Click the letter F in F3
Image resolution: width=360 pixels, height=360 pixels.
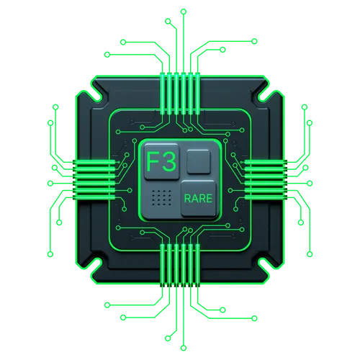coord(152,161)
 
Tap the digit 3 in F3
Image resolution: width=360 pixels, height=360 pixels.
coord(168,161)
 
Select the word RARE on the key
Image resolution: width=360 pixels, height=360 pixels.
coord(198,199)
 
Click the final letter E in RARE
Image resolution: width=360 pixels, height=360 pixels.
coord(210,199)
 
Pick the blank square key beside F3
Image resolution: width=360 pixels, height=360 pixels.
coord(199,161)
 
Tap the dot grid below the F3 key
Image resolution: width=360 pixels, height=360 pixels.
coord(161,197)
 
